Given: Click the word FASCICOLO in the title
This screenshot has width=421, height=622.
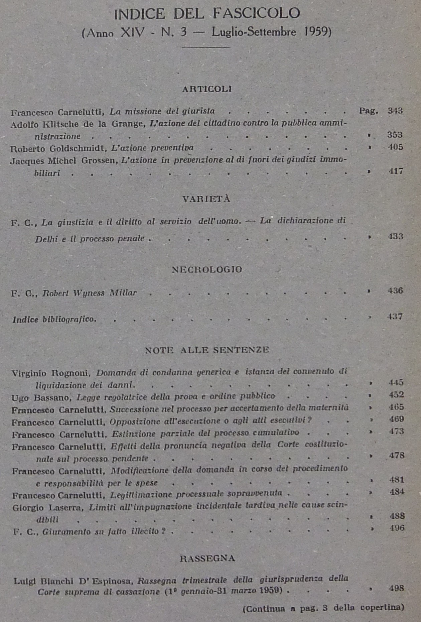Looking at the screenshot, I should pyautogui.click(x=256, y=13).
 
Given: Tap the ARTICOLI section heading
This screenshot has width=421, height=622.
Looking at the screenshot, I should pyautogui.click(x=207, y=89).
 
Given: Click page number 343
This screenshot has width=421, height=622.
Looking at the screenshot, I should pyautogui.click(x=395, y=111).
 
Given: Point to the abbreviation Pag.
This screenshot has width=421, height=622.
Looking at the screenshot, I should pyautogui.click(x=369, y=111).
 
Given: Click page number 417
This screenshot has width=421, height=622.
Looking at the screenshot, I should pyautogui.click(x=396, y=171).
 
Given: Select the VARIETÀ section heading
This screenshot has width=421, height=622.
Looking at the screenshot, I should pyautogui.click(x=206, y=199).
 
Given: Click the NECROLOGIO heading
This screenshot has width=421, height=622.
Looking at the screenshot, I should pyautogui.click(x=207, y=269).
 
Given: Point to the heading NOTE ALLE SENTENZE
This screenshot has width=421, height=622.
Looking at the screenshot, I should pyautogui.click(x=207, y=350).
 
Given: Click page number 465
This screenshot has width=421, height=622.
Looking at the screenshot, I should pyautogui.click(x=396, y=407).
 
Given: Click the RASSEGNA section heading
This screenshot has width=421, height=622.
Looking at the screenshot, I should pyautogui.click(x=207, y=558).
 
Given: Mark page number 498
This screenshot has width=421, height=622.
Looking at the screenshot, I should pyautogui.click(x=397, y=588).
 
